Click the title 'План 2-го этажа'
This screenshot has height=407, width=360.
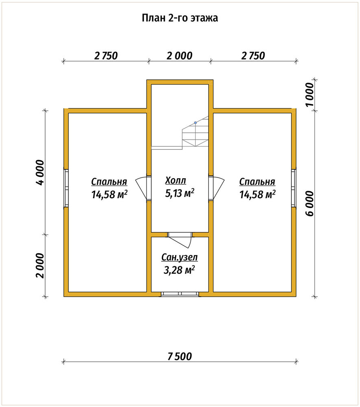click(180, 18)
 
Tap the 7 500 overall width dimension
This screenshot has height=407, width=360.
click(180, 357)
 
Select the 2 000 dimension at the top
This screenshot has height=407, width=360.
click(179, 55)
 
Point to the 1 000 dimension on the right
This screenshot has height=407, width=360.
click(310, 94)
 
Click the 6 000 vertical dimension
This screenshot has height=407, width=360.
click(310, 203)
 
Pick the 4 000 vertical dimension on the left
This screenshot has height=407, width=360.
click(40, 172)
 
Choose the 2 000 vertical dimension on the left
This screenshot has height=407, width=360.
click(40, 265)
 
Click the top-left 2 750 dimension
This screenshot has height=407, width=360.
click(106, 55)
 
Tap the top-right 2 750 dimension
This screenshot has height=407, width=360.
click(253, 55)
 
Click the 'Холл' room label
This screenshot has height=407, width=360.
click(176, 180)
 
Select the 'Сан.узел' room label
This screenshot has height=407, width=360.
click(179, 257)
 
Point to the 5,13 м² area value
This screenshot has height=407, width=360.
click(180, 193)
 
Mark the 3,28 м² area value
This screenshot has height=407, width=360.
click(179, 270)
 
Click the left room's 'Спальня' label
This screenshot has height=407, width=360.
click(109, 182)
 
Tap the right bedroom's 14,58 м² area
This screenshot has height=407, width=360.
click(257, 195)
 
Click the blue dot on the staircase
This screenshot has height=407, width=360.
click(195, 123)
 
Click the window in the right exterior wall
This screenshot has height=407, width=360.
click(294, 188)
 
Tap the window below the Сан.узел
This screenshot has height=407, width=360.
click(180, 294)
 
